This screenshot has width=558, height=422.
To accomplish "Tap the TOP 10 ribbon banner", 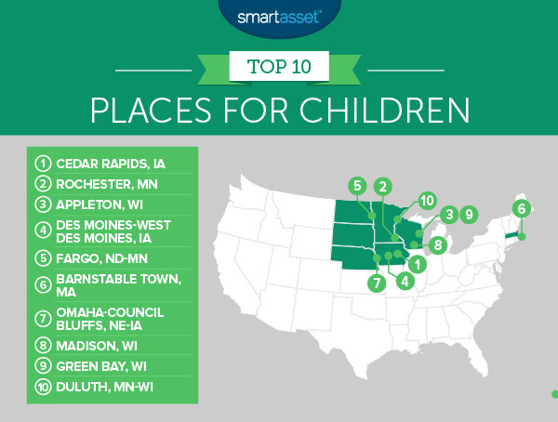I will click(278, 67).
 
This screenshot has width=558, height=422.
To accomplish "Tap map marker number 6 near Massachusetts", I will click(522, 208).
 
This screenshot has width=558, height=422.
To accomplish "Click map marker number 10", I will click(426, 200).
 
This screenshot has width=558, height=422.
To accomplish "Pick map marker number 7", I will click(377, 282).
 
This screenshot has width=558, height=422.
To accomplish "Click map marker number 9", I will click(469, 215).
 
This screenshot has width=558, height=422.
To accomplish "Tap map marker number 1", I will click(420, 264).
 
